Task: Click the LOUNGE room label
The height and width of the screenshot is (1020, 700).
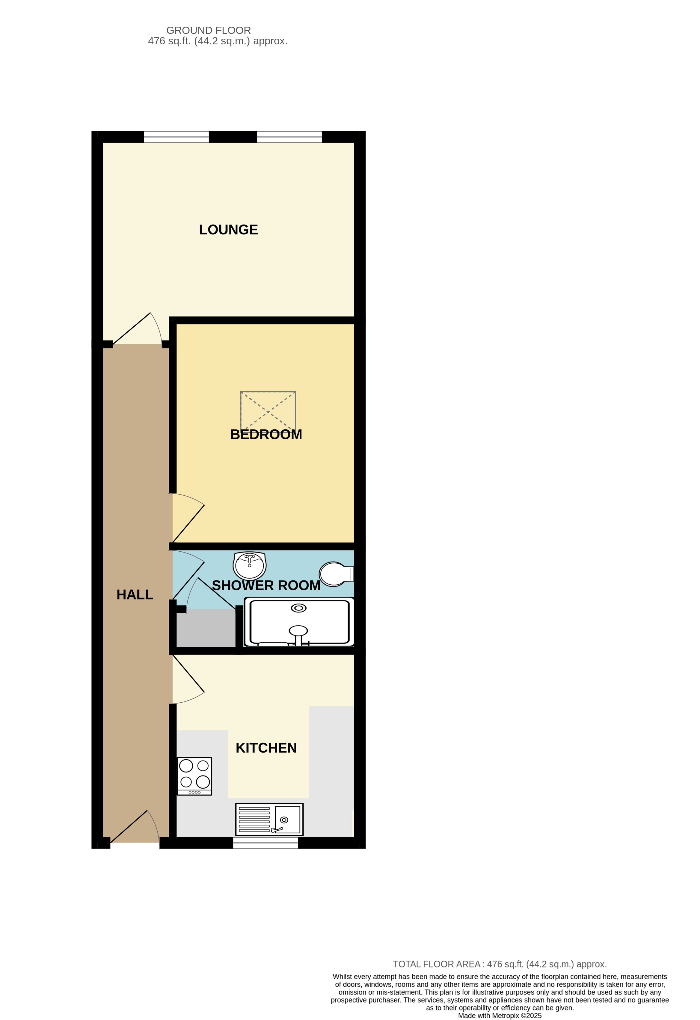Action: [228, 230]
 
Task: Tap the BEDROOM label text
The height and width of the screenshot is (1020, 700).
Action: [266, 434]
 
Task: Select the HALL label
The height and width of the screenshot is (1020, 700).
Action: [135, 595]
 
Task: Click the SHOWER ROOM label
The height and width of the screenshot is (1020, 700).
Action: [266, 586]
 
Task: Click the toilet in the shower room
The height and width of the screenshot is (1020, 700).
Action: [336, 574]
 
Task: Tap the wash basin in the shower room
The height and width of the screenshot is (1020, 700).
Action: [249, 565]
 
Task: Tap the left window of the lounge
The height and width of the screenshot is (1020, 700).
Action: [176, 137]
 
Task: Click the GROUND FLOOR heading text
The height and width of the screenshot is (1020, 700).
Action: [209, 30]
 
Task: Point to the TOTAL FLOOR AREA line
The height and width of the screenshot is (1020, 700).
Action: [500, 964]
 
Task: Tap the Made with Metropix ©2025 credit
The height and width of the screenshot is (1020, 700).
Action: [500, 1016]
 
